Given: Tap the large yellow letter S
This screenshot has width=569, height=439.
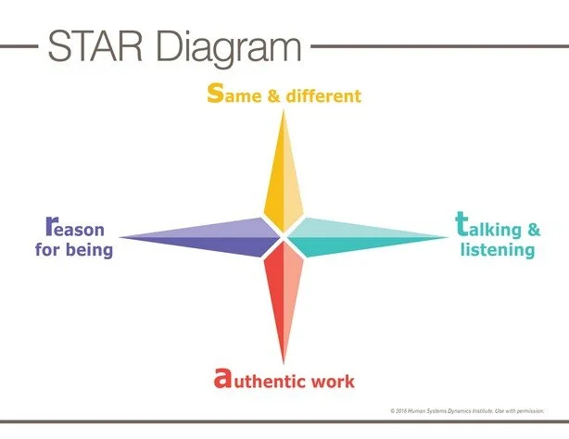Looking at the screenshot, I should (x=215, y=94).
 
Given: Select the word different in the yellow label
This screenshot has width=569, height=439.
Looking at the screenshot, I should (x=324, y=95).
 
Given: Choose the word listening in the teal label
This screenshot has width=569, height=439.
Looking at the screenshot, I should (x=499, y=250).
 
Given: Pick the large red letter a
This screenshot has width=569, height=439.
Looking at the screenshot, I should (x=221, y=378).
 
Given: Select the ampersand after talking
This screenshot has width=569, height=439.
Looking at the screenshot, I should (x=534, y=230).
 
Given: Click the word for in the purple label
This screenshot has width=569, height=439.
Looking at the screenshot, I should (x=47, y=250).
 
